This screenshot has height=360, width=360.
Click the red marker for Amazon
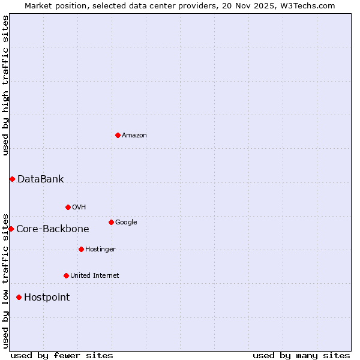pos(118,135)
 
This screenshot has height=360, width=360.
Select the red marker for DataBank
pos(12,179)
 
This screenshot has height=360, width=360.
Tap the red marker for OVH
pos(68,207)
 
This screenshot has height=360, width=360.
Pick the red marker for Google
pos(111,222)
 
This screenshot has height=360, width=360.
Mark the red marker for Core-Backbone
pos(11,229)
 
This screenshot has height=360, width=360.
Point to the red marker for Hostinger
pos(81,249)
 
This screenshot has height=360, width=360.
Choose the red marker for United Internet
pos(66,275)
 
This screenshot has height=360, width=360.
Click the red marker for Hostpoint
pos(19,297)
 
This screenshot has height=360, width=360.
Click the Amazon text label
pos(134,136)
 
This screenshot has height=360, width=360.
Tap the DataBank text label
pos(40,179)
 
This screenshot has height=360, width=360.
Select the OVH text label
pos(79,208)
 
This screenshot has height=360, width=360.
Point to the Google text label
pos(126,223)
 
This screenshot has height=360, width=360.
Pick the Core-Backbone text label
pos(52,229)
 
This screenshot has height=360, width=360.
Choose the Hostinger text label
pos(100,250)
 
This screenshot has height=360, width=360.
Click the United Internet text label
pos(94,276)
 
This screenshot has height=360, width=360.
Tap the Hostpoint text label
pos(47,297)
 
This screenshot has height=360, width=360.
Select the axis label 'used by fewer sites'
pos(62,355)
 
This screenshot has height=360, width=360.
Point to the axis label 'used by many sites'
pos(301,355)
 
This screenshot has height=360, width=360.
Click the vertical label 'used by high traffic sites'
pos(5,85)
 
